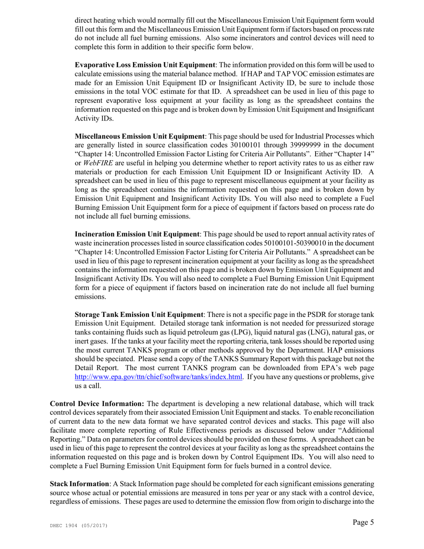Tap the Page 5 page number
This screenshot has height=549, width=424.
[362, 523]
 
